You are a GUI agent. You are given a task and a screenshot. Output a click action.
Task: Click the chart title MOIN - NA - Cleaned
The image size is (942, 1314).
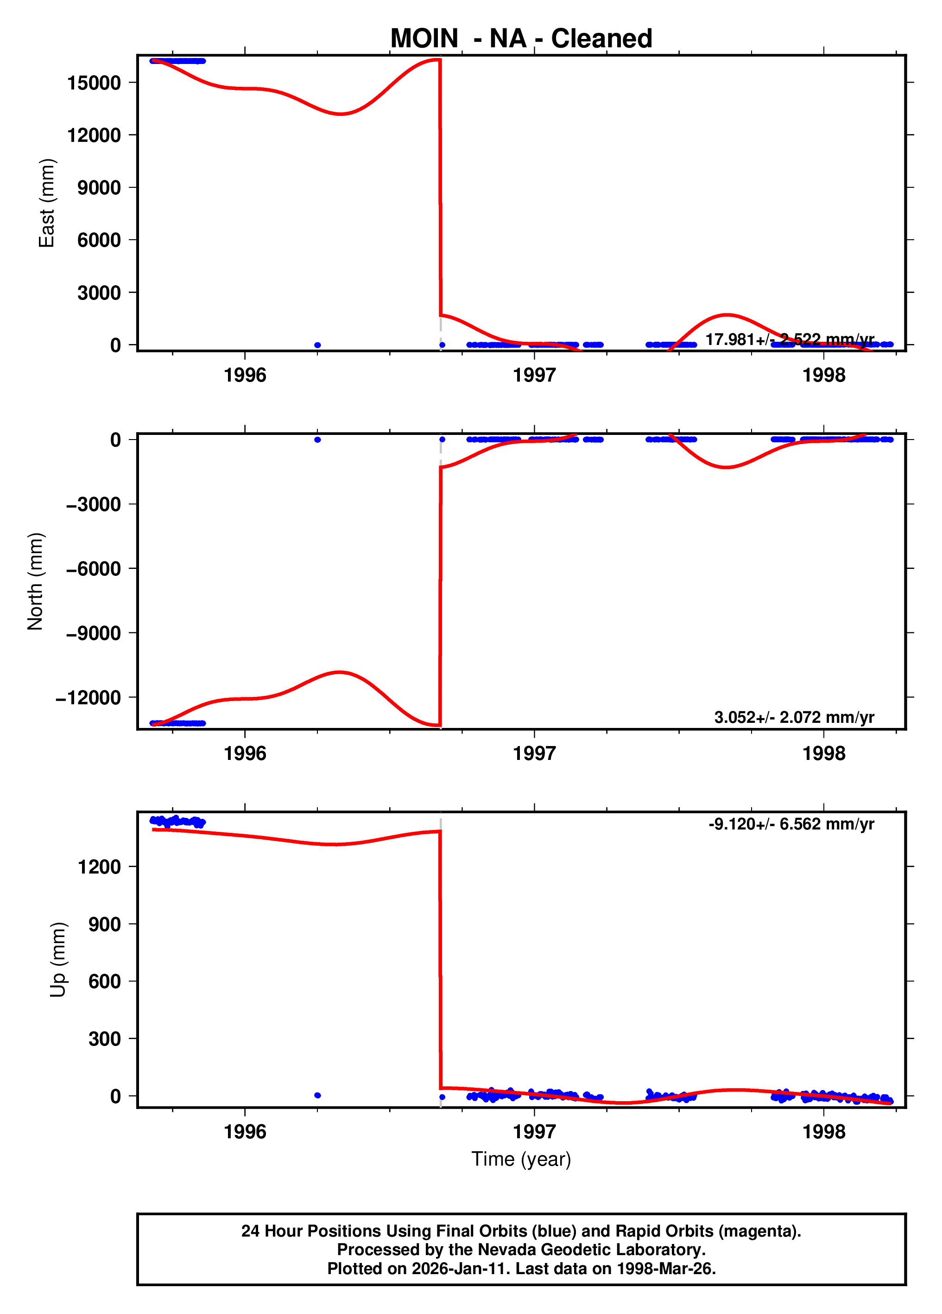click(x=521, y=39)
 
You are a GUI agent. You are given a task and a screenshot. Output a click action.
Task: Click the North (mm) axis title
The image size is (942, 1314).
click(x=35, y=581)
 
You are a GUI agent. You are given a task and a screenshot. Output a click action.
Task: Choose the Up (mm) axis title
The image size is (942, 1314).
click(x=58, y=959)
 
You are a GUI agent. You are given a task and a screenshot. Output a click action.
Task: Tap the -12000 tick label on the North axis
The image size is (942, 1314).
click(x=88, y=697)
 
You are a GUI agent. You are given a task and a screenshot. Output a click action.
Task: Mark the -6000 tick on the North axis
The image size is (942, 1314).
click(x=93, y=569)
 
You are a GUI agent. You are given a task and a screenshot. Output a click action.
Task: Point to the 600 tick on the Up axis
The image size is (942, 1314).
click(x=104, y=982)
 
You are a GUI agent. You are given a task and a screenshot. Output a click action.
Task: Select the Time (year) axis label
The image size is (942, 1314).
click(x=521, y=1159)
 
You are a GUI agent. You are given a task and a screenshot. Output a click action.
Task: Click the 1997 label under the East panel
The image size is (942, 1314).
click(x=534, y=376)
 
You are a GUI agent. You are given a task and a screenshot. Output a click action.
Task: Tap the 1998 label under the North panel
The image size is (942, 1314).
click(x=823, y=754)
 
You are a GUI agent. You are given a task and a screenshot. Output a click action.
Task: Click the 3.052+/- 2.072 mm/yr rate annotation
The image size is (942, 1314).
click(x=794, y=717)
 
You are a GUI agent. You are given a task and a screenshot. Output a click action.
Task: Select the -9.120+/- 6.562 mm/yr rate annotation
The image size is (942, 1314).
click(x=791, y=824)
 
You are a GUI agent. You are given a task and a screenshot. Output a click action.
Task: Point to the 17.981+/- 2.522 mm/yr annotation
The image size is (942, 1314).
click(x=789, y=339)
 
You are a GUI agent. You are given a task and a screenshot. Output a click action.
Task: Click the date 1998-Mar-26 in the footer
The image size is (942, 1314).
click(x=664, y=1269)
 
